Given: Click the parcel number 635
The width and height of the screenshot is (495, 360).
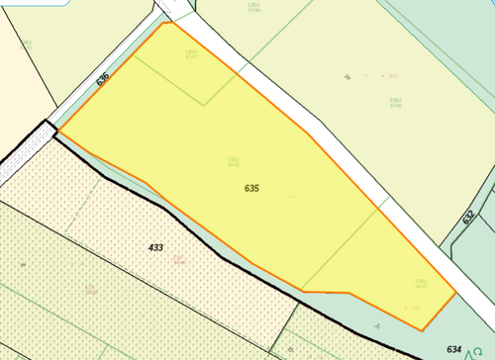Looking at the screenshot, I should pyautogui.click(x=251, y=187).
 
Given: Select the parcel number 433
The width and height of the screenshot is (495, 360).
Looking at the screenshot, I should pyautogui.click(x=155, y=247).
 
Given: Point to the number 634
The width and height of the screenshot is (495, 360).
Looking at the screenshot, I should pyautogui.click(x=454, y=348).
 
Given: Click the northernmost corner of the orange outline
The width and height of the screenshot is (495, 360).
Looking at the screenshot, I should pyautogui.click(x=162, y=22).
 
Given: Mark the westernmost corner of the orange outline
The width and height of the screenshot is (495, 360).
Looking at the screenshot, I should pyautogui.click(x=59, y=131).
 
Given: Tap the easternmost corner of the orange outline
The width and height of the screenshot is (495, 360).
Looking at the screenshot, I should pyautogui.click(x=455, y=293).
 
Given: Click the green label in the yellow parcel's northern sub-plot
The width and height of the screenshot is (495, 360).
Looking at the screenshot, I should pyautogui.click(x=192, y=52).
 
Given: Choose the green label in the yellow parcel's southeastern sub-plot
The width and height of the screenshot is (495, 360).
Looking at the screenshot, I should pyautogui.click(x=421, y=283).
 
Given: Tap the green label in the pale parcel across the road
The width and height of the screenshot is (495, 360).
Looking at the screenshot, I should pyautogui.click(x=396, y=102).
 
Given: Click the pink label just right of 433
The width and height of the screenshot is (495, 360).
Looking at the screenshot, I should pyautogui.click(x=178, y=261).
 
